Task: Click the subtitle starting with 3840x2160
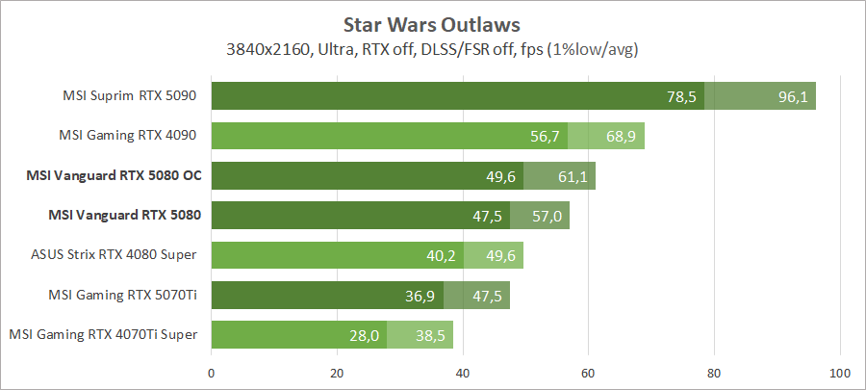(x=433, y=48)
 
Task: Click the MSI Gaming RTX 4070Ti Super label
(x=104, y=334)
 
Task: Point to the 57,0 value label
(x=547, y=216)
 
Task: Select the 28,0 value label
(x=364, y=335)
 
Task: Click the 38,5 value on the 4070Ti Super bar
(x=429, y=335)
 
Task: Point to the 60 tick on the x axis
(x=588, y=373)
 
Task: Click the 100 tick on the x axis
(x=840, y=373)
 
